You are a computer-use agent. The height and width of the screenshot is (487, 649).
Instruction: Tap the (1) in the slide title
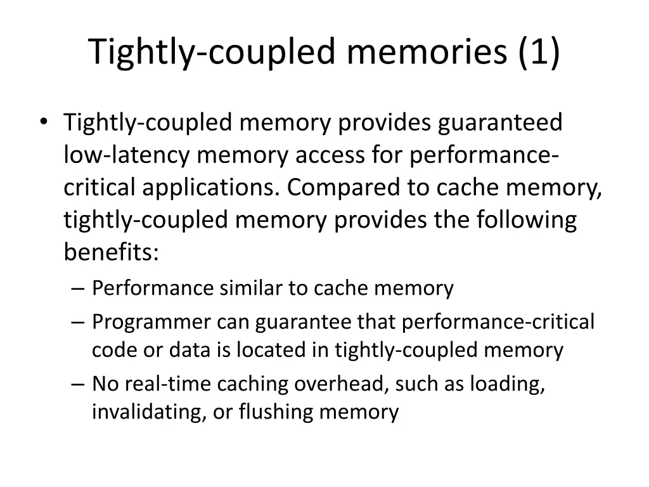click(538, 52)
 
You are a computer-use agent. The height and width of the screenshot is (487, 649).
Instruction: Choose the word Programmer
click(151, 322)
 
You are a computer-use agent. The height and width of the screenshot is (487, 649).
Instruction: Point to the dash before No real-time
click(79, 385)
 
